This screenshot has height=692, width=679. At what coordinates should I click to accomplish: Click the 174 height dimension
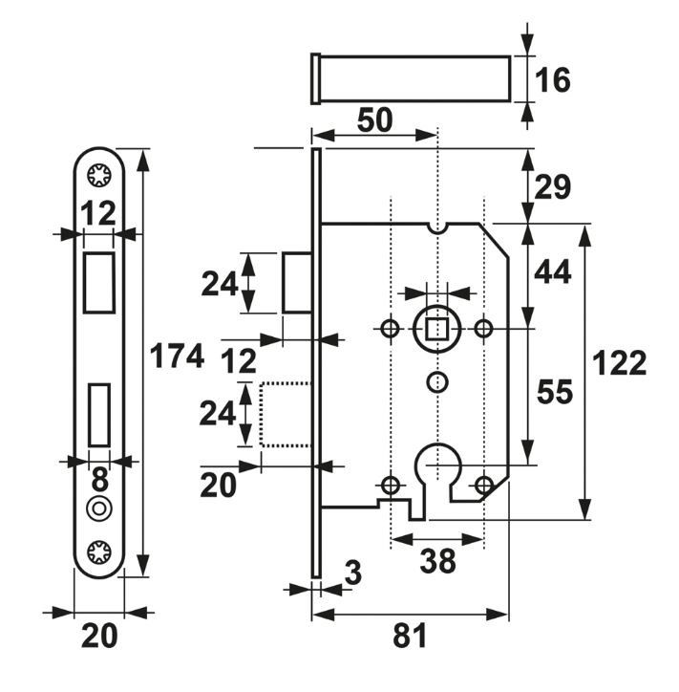178,357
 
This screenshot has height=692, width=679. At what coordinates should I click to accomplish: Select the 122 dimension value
620,364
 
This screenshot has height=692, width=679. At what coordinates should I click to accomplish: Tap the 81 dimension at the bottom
411,635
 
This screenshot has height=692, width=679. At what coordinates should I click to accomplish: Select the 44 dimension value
552,273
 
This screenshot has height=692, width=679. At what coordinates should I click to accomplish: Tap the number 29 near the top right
552,188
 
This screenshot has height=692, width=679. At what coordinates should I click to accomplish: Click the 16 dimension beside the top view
551,80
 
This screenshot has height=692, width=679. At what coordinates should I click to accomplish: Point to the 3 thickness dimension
352,573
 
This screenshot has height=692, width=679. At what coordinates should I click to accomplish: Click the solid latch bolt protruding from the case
296,283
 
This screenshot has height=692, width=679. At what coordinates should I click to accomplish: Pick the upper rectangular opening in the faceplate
98,281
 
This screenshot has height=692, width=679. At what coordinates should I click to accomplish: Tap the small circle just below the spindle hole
436,381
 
